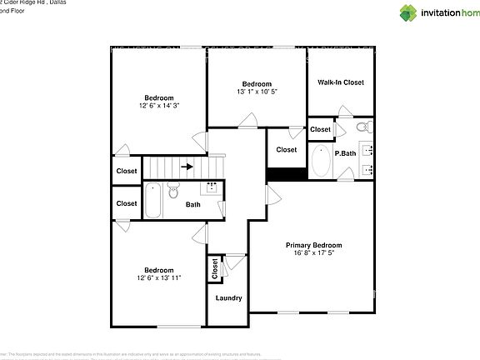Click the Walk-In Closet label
click(x=341, y=82)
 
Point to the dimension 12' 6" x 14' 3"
click(x=158, y=106)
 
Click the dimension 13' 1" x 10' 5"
click(x=257, y=92)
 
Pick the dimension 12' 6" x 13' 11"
click(x=158, y=278)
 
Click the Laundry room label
click(x=228, y=298)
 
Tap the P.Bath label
click(x=346, y=154)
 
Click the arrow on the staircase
click(x=189, y=167)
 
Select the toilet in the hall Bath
click(x=173, y=192)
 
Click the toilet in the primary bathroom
click(x=362, y=128)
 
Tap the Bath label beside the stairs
click(x=192, y=204)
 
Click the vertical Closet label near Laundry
click(x=215, y=268)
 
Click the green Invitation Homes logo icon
click(x=408, y=12)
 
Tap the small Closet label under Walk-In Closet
click(x=321, y=129)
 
